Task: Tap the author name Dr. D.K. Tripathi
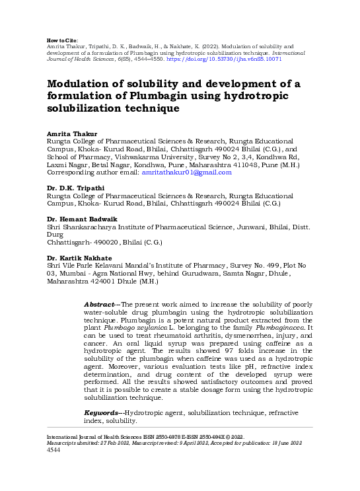75,188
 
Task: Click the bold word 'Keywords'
102,413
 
